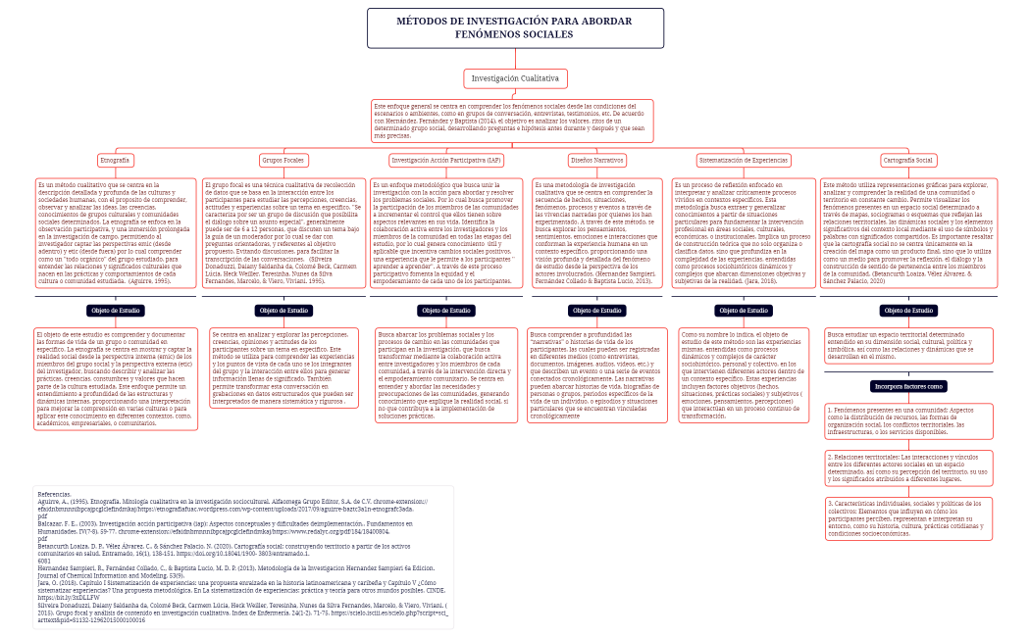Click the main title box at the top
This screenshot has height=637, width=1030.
pyautogui.click(x=514, y=27)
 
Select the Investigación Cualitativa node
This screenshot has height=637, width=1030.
pyautogui.click(x=514, y=78)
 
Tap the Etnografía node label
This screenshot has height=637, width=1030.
pyautogui.click(x=115, y=160)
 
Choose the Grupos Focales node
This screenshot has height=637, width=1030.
pyautogui.click(x=283, y=160)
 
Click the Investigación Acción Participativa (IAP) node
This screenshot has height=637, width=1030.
pyautogui.click(x=446, y=160)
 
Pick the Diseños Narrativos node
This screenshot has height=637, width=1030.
pyautogui.click(x=596, y=160)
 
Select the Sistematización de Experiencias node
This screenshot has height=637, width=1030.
pyautogui.click(x=743, y=160)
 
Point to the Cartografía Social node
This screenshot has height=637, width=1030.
pyautogui.click(x=907, y=160)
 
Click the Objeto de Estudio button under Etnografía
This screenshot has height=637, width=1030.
pyautogui.click(x=116, y=310)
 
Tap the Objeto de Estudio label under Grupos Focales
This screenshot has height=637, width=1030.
pyautogui.click(x=283, y=310)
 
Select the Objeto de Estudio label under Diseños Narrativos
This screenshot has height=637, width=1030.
pyautogui.click(x=596, y=310)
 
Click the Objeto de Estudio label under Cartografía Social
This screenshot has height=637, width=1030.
pyautogui.click(x=907, y=310)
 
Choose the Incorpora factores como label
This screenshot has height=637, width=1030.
pyautogui.click(x=908, y=386)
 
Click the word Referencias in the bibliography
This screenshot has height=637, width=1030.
pyautogui.click(x=53, y=493)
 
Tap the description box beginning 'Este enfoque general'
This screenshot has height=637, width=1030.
pyautogui.click(x=512, y=120)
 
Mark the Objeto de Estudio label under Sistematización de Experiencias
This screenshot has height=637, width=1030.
pyautogui.click(x=743, y=310)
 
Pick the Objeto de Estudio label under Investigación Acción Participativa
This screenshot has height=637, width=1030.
pyautogui.click(x=446, y=310)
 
